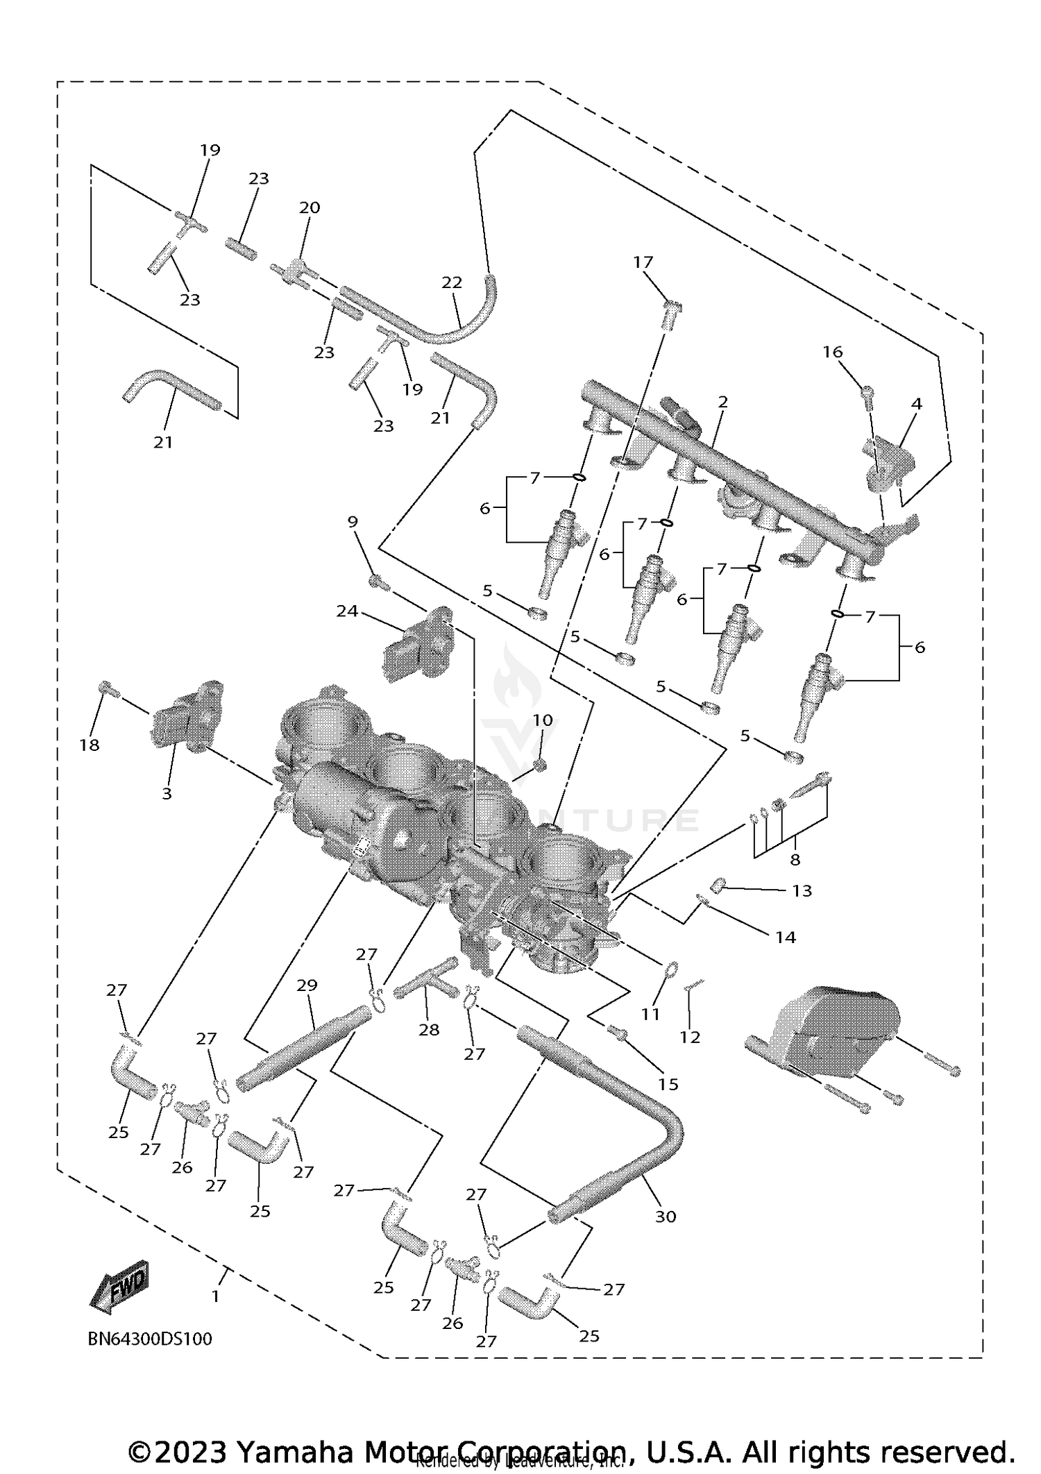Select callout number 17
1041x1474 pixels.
643,262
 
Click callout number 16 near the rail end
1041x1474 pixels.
832,352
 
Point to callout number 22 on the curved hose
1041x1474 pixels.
452,282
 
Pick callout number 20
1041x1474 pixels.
310,207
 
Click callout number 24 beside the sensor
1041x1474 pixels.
347,611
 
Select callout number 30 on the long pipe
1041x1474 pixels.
665,1216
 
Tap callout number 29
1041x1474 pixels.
307,985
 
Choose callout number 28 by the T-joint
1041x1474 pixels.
429,1029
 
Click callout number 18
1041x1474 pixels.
90,745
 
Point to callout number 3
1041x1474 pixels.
167,793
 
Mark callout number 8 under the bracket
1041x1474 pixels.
795,859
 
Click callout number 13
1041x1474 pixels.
802,890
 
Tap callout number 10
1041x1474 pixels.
542,720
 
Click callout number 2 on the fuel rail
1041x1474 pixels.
722,402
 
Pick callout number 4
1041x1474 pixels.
916,403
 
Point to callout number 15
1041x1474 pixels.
668,1083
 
